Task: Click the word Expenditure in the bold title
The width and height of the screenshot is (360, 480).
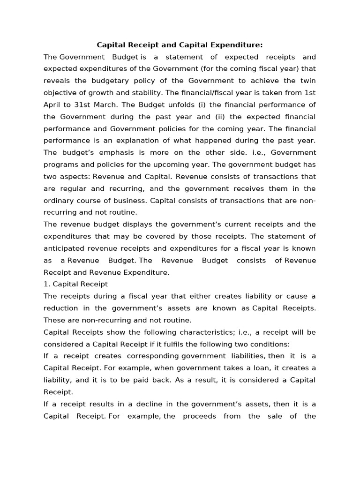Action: (x=238, y=45)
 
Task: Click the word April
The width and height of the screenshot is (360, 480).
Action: (x=53, y=105)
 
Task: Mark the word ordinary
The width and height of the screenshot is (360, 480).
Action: (x=59, y=201)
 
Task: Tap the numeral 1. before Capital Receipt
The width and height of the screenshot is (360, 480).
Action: (x=46, y=284)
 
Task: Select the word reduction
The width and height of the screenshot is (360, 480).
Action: (x=61, y=308)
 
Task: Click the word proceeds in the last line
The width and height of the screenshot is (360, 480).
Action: (x=200, y=416)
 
